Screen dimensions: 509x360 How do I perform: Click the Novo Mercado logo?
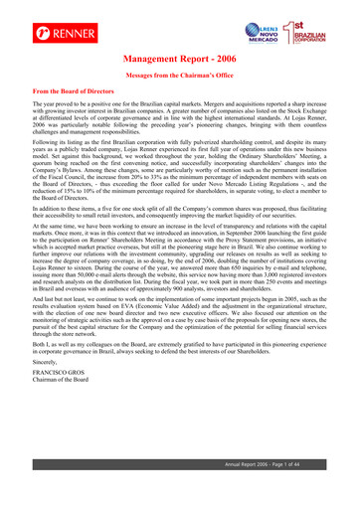[262, 22]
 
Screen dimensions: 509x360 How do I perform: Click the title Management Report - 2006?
[180, 61]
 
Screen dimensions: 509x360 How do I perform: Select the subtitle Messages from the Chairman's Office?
[180, 78]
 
